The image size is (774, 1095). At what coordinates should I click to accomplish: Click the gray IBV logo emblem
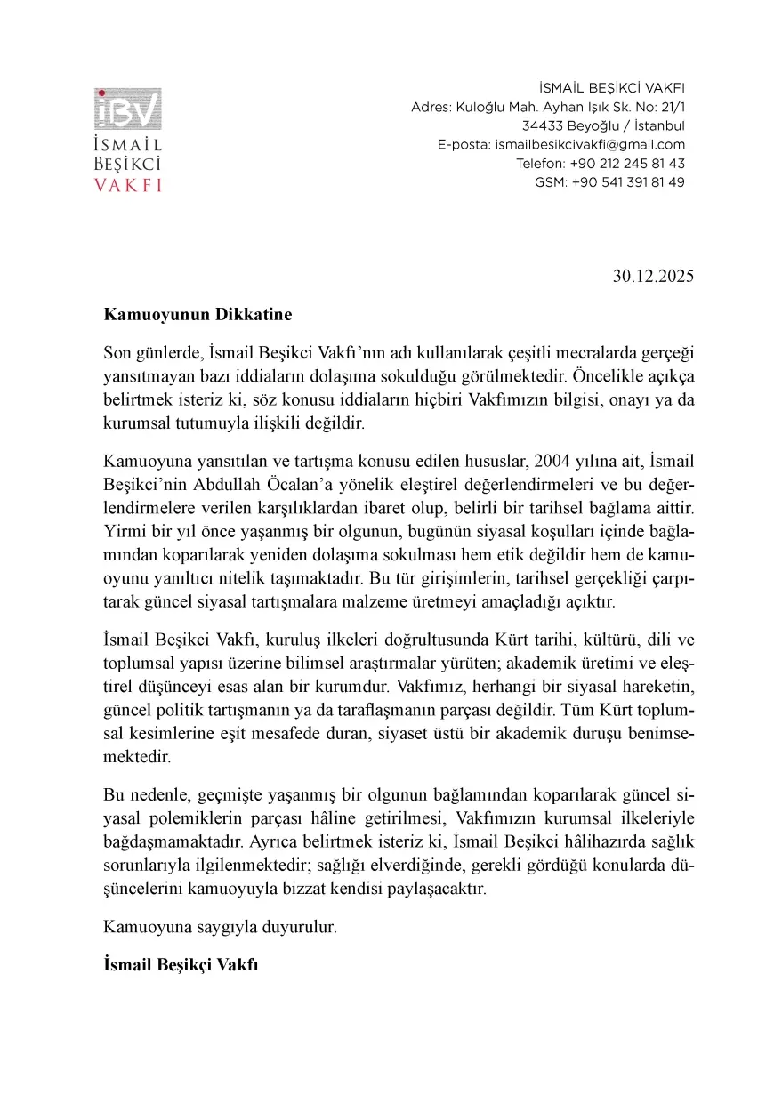[128, 109]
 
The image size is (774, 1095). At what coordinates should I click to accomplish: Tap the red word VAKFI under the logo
[128, 185]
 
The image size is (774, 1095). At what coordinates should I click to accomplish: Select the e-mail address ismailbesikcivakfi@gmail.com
[590, 145]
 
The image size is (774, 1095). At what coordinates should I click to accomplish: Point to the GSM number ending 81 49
[628, 182]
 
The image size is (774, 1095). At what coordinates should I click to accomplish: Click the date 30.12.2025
[652, 276]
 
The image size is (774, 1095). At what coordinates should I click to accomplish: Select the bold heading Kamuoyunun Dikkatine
[198, 314]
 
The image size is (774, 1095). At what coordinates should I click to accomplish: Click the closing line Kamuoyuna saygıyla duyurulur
[220, 927]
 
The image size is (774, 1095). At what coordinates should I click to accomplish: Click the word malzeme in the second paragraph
[387, 601]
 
